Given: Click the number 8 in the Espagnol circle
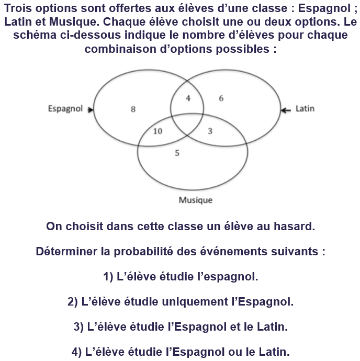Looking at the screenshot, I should [133, 109].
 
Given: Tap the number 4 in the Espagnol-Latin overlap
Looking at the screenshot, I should [188, 98].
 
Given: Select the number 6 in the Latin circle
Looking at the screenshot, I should [221, 98].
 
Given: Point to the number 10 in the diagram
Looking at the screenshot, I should [157, 131].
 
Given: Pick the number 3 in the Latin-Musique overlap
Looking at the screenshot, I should [210, 131].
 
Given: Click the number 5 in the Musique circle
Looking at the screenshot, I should [177, 153].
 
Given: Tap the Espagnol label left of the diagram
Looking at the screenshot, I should [65, 109].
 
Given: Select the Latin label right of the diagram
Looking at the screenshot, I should [305, 109].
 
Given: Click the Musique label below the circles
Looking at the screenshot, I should [195, 200].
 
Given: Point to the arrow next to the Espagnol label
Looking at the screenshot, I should [91, 109].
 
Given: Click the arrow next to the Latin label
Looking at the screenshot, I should [286, 109].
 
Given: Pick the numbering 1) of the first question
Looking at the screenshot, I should [109, 276].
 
